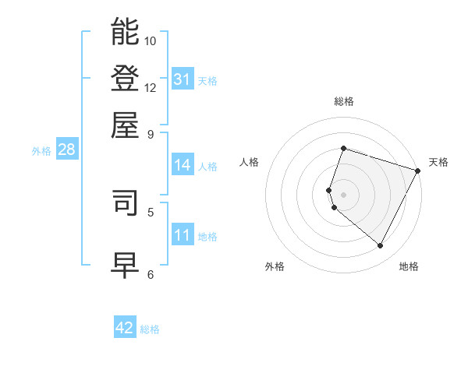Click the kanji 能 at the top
point(126,32)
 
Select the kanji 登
point(126,78)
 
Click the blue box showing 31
point(183,79)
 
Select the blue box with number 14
point(183,165)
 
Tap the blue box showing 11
point(183,236)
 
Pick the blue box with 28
point(66,150)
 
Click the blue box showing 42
point(125,328)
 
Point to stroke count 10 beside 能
point(151,40)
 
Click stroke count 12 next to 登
point(151,87)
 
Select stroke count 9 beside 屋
point(151,133)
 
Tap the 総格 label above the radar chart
point(343,101)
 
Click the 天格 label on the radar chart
point(438,162)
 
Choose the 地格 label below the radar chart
point(409,266)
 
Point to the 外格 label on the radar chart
point(275,266)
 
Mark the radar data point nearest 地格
point(381,246)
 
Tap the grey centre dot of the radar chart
point(343,195)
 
